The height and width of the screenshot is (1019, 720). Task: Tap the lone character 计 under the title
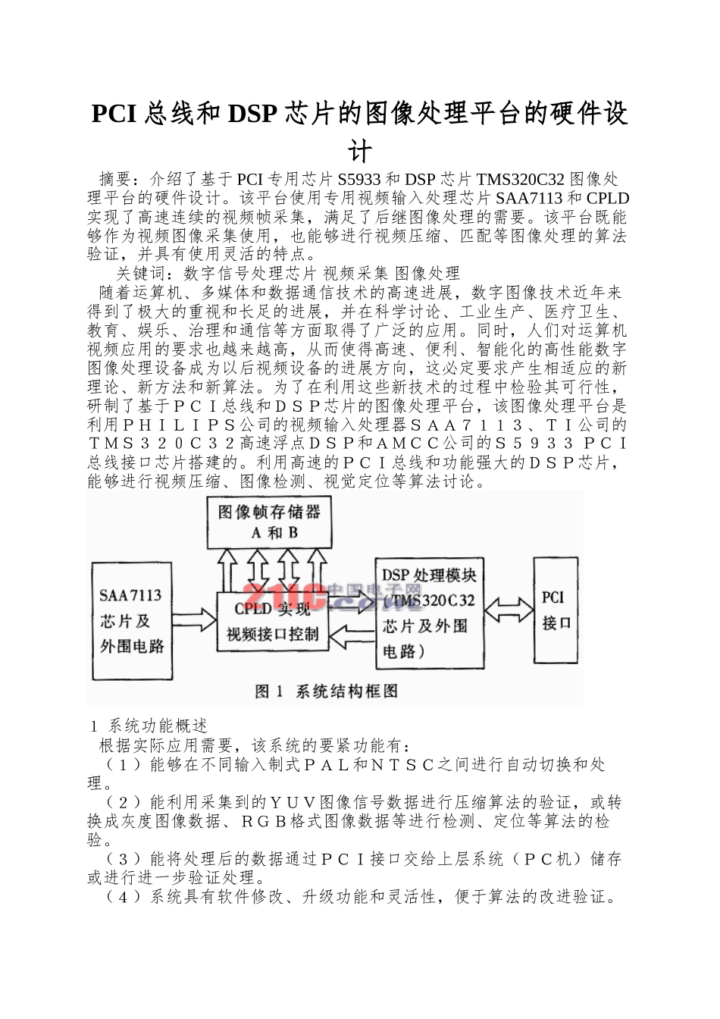point(360,150)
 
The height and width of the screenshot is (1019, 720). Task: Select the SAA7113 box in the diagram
point(132,620)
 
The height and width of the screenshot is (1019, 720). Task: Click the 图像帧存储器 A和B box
point(270,522)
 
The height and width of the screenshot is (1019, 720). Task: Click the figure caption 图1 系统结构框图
point(327,691)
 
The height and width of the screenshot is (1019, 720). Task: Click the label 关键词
point(138,273)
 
